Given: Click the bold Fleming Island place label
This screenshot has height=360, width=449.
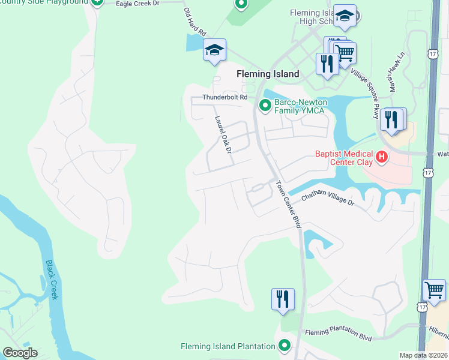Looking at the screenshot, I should pos(268,74).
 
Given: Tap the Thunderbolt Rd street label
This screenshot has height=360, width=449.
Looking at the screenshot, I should pos(225,97).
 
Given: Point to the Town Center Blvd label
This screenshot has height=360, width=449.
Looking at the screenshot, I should pos(288,203).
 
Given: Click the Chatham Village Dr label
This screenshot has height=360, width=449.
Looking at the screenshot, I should pos(327,199).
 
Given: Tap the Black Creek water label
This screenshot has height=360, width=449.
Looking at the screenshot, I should pos(52,280).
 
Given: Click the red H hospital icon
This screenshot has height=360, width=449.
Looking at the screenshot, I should pos(381,158).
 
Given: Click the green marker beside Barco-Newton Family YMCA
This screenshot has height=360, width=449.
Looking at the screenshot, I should pos(265,106).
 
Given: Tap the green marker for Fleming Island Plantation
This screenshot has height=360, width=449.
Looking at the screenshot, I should pos(285,346).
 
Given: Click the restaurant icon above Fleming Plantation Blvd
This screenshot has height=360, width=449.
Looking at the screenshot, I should pos(283,299).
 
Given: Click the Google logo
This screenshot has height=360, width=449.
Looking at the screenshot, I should pos(20,353).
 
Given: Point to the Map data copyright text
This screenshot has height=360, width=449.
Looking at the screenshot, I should pos(423,355).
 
